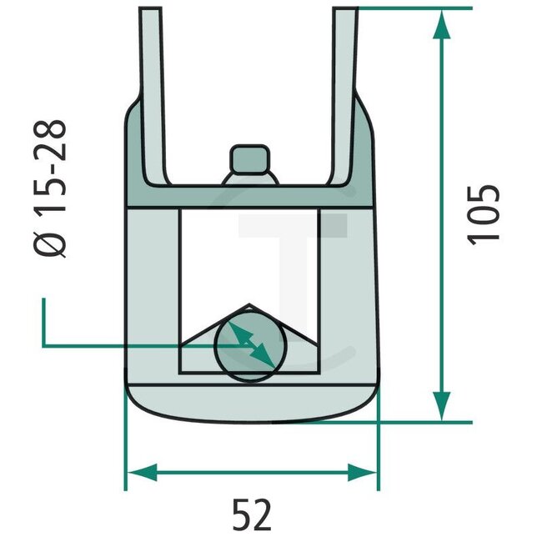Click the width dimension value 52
coord(251,516)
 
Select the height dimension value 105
coord(484,213)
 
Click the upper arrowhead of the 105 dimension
coord(443,25)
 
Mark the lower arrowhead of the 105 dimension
coord(443,406)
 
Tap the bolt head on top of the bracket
coord(251,159)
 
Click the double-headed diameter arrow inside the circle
coord(251,344)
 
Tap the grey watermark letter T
coord(292,250)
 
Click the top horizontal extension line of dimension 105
coord(417,8)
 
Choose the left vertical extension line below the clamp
coord(126,450)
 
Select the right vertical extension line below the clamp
coord(378,450)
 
